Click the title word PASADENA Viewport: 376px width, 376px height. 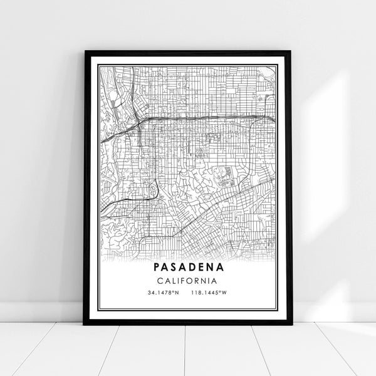tap(187, 268)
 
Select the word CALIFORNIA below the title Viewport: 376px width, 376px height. tap(187, 280)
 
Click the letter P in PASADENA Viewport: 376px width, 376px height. tap(156, 268)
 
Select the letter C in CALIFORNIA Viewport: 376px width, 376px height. tap(160, 280)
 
